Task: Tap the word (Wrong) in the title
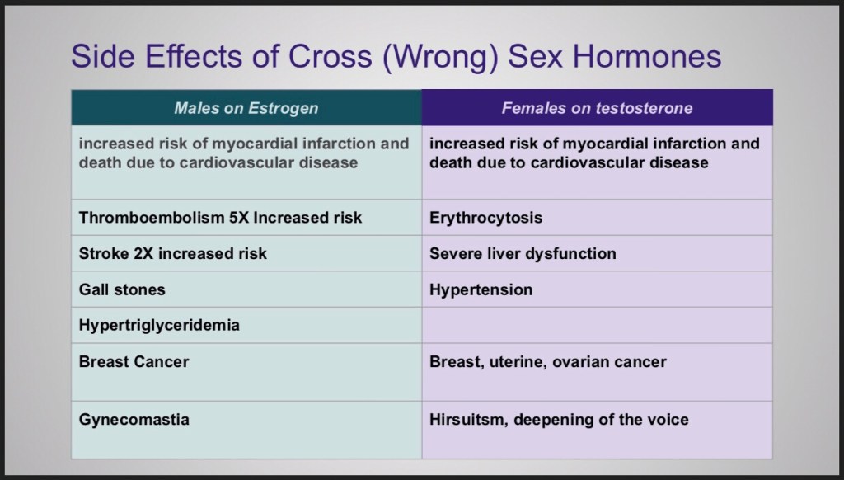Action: click(440, 57)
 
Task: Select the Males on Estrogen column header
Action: click(246, 108)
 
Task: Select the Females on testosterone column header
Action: click(598, 108)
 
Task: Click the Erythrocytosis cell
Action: click(598, 218)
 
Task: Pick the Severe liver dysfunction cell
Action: click(598, 253)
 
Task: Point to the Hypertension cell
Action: click(598, 289)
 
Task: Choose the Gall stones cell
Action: click(246, 289)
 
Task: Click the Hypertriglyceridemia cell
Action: click(246, 326)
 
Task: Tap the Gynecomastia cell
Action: click(246, 430)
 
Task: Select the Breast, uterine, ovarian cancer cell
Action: click(598, 372)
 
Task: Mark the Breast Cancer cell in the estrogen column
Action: click(246, 372)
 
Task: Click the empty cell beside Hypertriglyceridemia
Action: click(598, 326)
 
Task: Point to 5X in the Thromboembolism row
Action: click(238, 218)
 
